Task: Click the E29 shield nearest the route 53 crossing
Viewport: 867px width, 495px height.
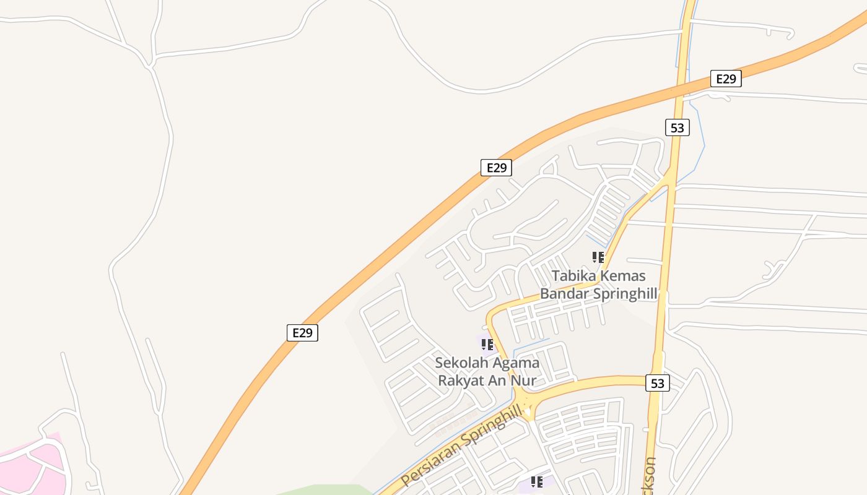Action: (726, 79)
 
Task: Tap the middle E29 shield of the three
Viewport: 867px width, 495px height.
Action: (496, 167)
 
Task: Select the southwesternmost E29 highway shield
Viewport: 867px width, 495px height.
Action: (302, 332)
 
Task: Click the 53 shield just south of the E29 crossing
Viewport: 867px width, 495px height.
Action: (677, 127)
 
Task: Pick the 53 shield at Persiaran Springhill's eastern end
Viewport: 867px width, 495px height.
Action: (657, 383)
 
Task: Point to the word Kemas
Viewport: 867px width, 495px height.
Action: (622, 276)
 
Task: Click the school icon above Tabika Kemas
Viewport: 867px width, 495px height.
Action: (598, 257)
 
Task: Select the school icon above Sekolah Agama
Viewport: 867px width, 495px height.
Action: (487, 344)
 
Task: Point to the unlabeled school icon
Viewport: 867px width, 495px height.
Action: (537, 481)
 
